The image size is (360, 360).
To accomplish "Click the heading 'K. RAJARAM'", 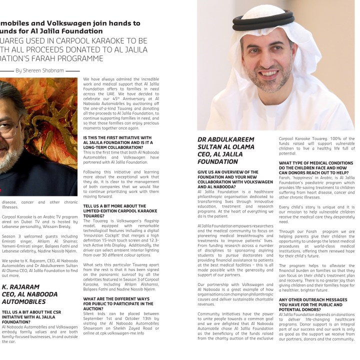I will point(21,287).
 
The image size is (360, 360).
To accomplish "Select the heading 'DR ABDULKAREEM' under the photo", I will point(225,139).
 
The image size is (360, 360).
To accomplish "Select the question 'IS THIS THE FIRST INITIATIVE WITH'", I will point(117,137).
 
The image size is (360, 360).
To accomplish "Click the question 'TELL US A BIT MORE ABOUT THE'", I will point(115,205).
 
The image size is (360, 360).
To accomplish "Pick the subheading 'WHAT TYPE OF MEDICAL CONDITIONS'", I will point(316,163).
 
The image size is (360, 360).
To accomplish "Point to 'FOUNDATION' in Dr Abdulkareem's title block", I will point(217,162).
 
